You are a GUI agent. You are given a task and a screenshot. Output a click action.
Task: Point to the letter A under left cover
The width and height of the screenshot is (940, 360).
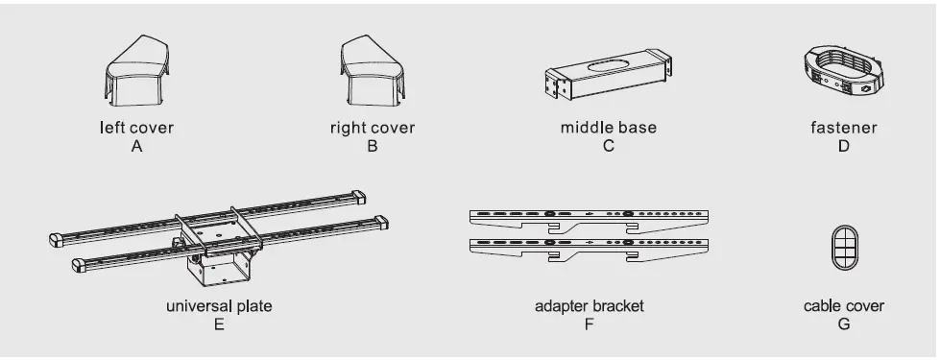pyautogui.click(x=137, y=147)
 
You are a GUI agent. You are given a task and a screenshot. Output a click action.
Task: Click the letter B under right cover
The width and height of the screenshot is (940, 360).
pyautogui.click(x=373, y=147)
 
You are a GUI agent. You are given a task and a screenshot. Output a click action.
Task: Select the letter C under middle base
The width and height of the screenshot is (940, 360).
pyautogui.click(x=608, y=147)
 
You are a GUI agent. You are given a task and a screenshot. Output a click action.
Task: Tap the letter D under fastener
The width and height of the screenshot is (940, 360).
pyautogui.click(x=843, y=147)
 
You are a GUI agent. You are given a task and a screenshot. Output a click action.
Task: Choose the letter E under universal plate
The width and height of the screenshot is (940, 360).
pyautogui.click(x=219, y=325)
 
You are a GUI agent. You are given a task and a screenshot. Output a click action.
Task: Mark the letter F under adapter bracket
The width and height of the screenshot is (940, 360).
pyautogui.click(x=589, y=325)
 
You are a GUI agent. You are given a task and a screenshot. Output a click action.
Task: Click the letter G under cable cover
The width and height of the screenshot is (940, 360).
pyautogui.click(x=844, y=325)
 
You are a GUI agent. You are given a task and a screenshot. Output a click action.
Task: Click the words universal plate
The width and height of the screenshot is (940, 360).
pyautogui.click(x=219, y=307)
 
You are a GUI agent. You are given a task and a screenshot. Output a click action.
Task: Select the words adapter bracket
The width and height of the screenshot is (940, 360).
pyautogui.click(x=589, y=307)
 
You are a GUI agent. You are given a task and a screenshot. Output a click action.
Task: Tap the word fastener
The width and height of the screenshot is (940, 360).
pyautogui.click(x=843, y=128)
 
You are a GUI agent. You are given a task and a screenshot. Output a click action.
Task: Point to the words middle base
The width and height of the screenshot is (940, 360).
pyautogui.click(x=608, y=128)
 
